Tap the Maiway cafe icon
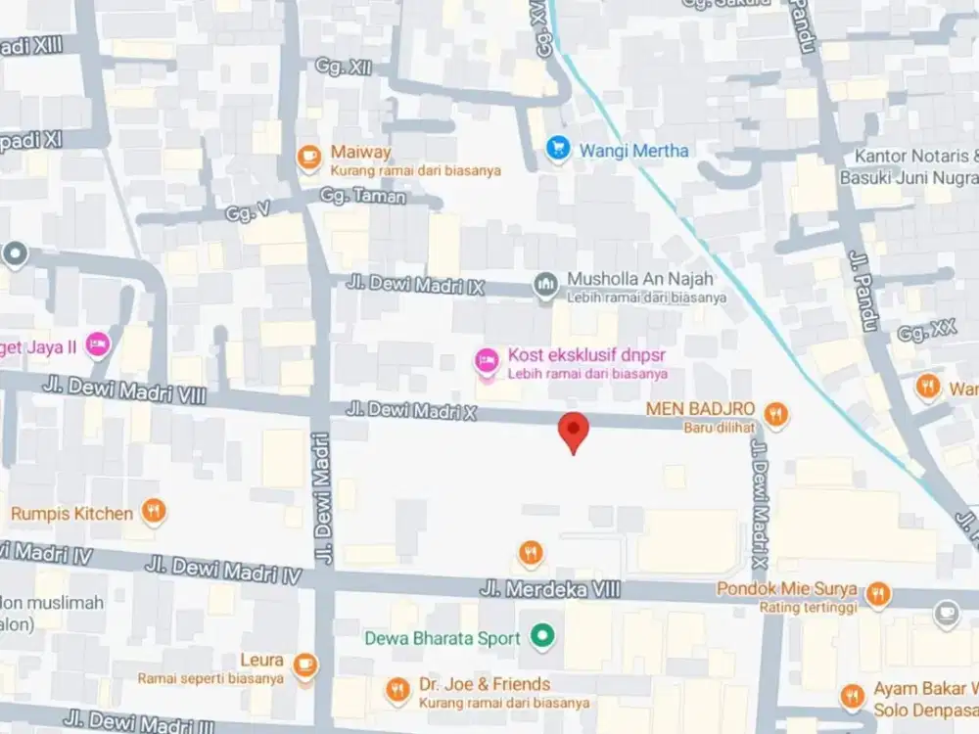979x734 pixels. [x=309, y=155]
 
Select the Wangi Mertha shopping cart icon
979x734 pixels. [x=558, y=150]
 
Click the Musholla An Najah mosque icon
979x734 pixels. [x=545, y=284]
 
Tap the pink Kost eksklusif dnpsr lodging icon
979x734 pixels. [x=486, y=361]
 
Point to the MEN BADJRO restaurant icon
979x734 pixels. [x=775, y=413]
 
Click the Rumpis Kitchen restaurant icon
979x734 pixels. [x=153, y=511]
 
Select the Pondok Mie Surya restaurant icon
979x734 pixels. [x=878, y=592]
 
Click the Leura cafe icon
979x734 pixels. [x=306, y=665]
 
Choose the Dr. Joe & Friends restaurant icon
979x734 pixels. [x=396, y=690]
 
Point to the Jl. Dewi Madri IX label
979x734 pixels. [x=415, y=284]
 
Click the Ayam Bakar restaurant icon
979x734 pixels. [x=852, y=696]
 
